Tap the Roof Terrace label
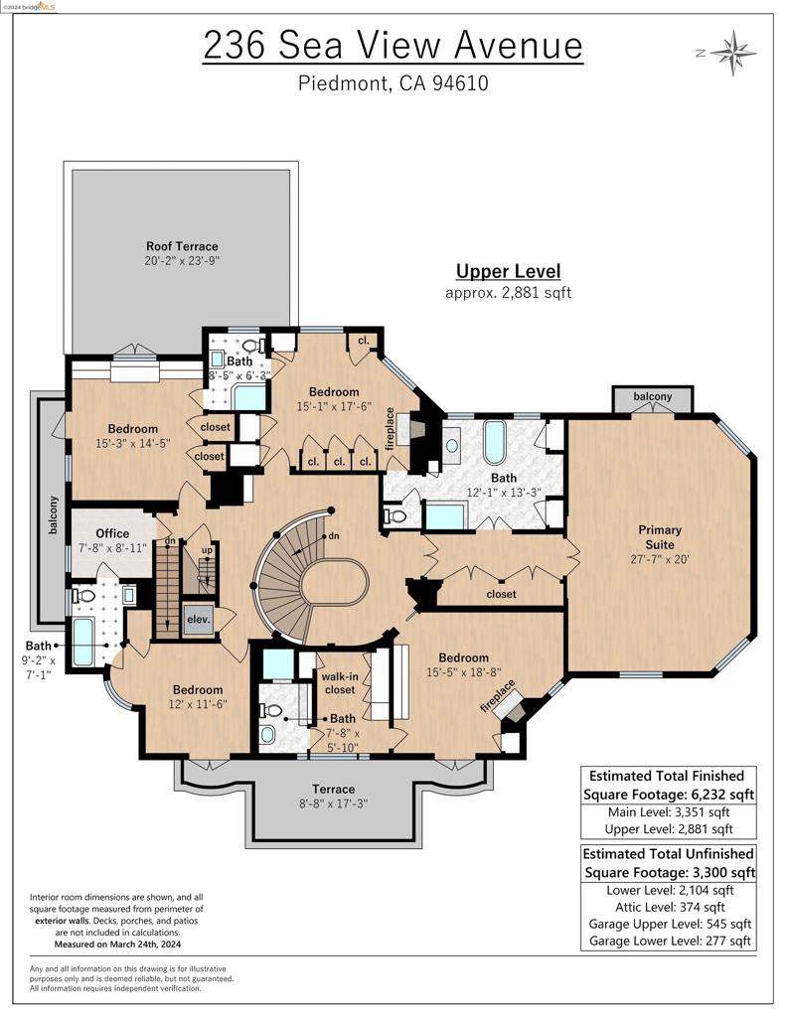(182, 246)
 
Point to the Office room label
(112, 533)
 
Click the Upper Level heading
(508, 271)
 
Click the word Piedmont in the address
(342, 83)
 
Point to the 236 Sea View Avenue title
(393, 45)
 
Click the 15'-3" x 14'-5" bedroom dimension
(133, 443)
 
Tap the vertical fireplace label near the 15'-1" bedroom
(391, 426)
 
